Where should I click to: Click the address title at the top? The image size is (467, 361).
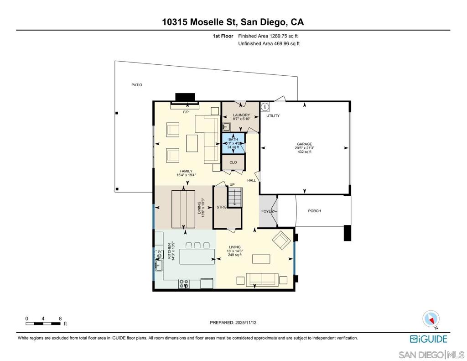coord(233,22)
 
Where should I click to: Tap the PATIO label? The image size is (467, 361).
coord(136,85)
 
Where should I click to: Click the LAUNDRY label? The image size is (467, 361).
coord(241,115)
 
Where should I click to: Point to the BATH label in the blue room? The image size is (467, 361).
coord(233,139)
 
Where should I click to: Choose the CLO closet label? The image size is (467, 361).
coord(233,162)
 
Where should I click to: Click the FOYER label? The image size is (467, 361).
coord(267,211)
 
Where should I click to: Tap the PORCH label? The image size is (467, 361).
coord(314,211)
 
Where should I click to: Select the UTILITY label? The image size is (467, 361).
coord(273,116)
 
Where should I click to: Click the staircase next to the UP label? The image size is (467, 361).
coord(235,197)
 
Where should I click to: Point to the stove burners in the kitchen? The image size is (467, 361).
coord(184,283)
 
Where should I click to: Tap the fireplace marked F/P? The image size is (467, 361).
coord(185,105)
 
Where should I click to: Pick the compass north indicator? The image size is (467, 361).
coord(431,319)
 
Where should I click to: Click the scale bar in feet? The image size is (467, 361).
coord(43,324)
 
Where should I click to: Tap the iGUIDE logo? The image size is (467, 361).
coord(428,339)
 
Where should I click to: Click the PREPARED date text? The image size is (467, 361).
coord(233,323)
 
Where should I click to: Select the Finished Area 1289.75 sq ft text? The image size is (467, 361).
coord(268,36)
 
